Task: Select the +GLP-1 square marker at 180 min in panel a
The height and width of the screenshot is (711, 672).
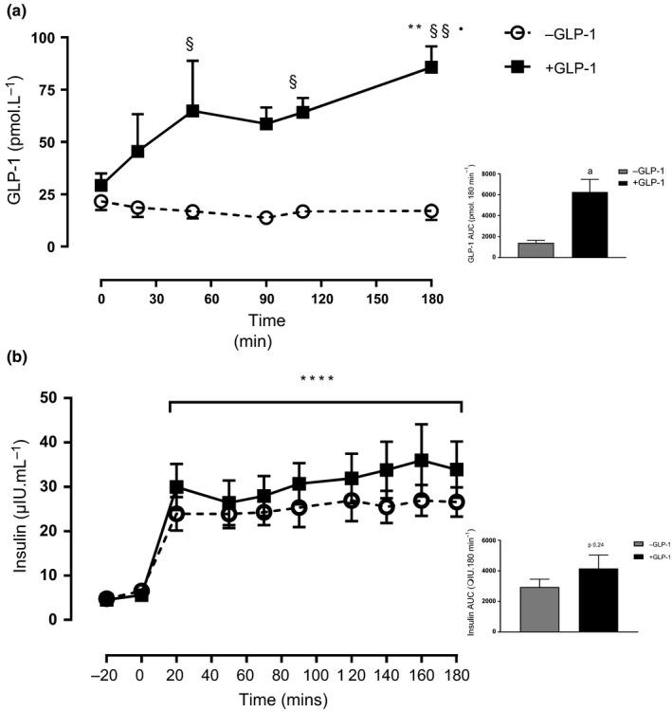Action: pos(431,67)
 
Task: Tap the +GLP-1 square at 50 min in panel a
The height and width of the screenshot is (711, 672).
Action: pos(192,111)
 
